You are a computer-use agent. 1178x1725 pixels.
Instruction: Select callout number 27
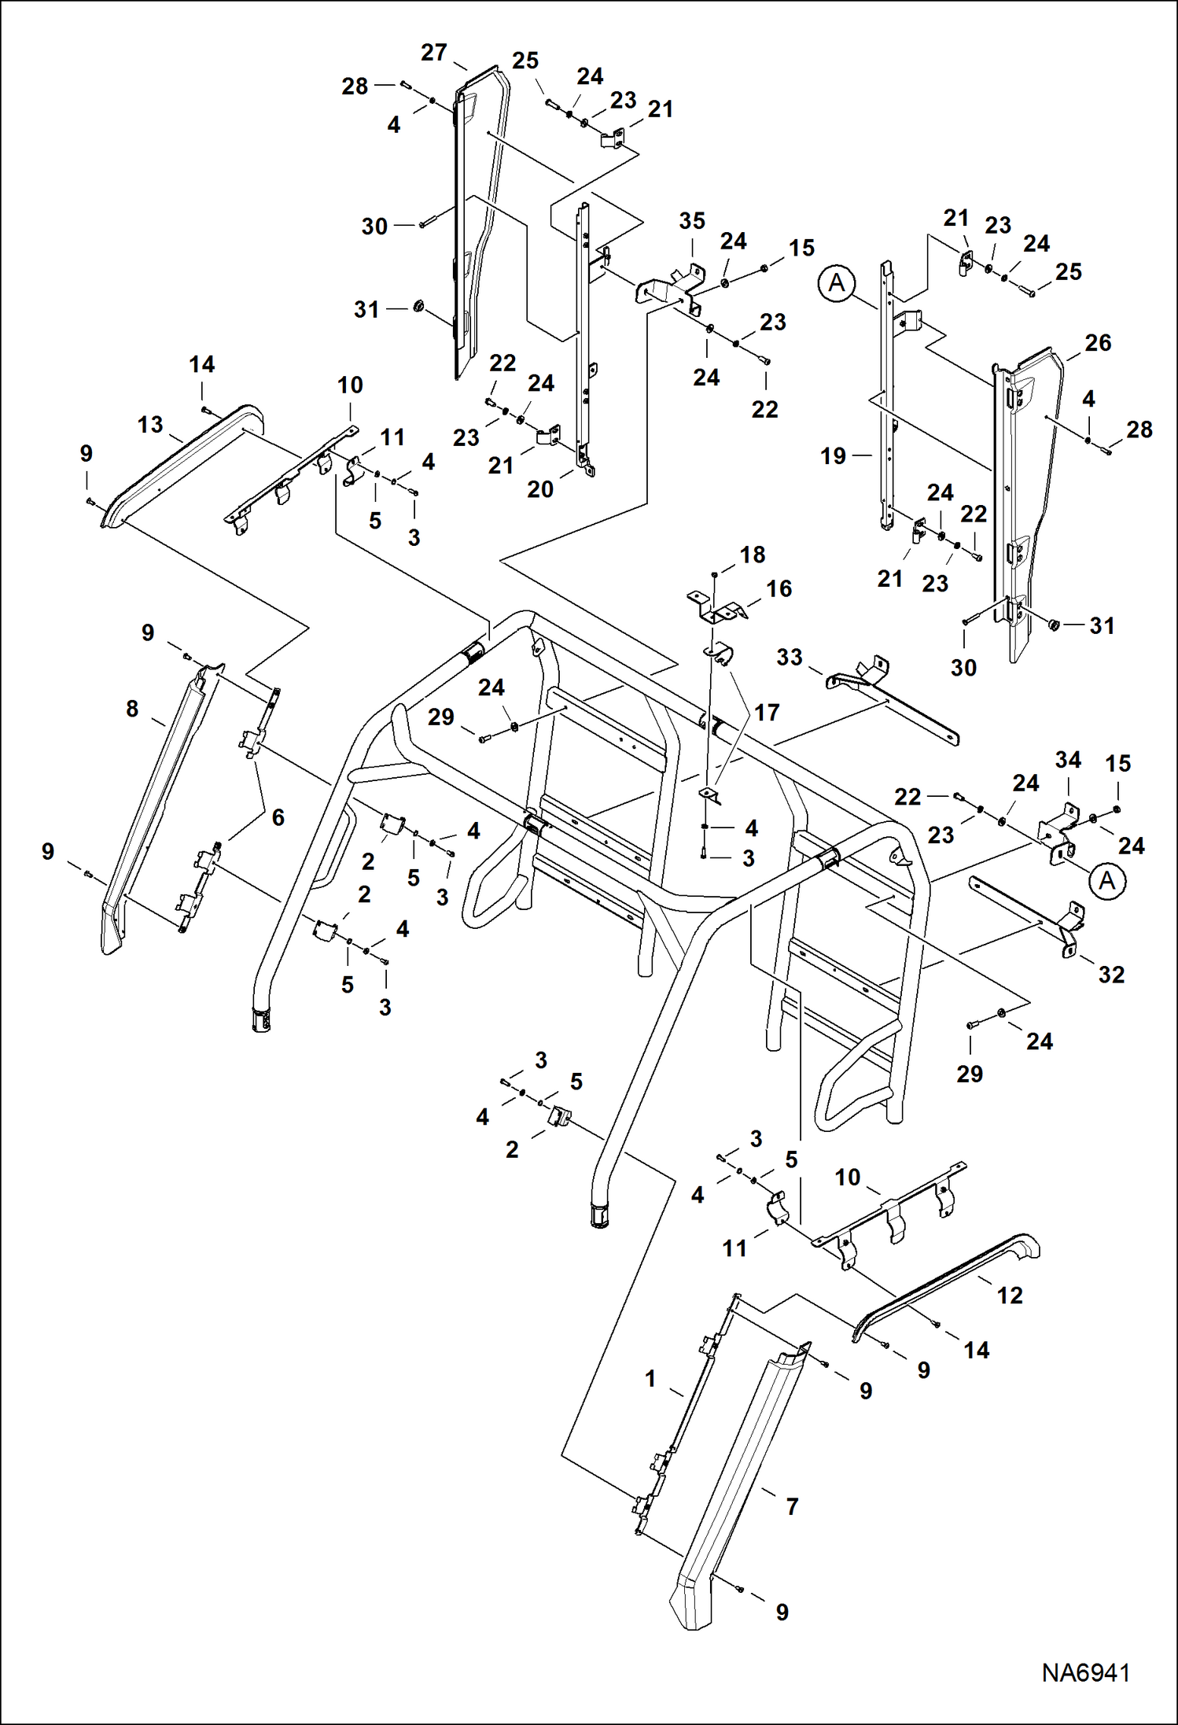pos(434,53)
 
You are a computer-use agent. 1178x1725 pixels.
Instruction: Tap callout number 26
pos(1098,343)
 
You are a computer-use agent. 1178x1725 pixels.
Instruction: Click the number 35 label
pos(692,221)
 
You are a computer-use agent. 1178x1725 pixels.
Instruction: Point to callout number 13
pos(150,425)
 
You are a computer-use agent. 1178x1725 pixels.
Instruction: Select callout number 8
pos(132,709)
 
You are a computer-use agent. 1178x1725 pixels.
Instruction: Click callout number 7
pos(792,1506)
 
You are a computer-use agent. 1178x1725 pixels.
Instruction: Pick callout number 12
pos(1010,1296)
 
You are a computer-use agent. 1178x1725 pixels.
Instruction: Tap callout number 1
pos(650,1379)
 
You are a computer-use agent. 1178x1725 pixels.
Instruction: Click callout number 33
pos(790,657)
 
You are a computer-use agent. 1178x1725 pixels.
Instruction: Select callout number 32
pos(1111,975)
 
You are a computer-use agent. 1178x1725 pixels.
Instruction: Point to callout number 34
pos(1068,760)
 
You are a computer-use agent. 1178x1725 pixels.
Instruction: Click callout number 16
pos(779,588)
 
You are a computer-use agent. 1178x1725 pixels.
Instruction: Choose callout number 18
pos(753,555)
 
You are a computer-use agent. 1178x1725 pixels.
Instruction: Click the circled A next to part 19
pos(837,282)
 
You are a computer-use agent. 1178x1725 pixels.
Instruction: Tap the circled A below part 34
pos(1106,881)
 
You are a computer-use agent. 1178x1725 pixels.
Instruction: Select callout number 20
pos(540,489)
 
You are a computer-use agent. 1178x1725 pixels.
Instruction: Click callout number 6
pos(278,817)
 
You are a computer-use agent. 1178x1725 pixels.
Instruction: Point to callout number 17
pos(767,713)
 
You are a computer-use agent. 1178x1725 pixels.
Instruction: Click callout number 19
pos(833,455)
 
